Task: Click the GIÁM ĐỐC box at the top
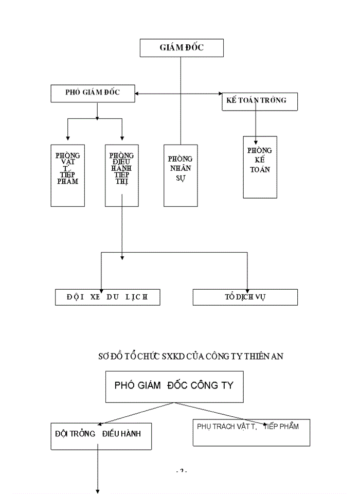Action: [x=182, y=48]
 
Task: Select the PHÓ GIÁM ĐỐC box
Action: [x=93, y=94]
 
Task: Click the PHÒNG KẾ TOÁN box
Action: [x=260, y=167]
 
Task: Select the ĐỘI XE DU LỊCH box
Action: [x=107, y=297]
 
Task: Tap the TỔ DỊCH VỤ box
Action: [x=245, y=297]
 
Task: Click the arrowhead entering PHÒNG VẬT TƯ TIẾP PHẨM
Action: [x=68, y=138]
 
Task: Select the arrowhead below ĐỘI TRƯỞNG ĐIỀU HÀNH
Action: [x=98, y=490]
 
